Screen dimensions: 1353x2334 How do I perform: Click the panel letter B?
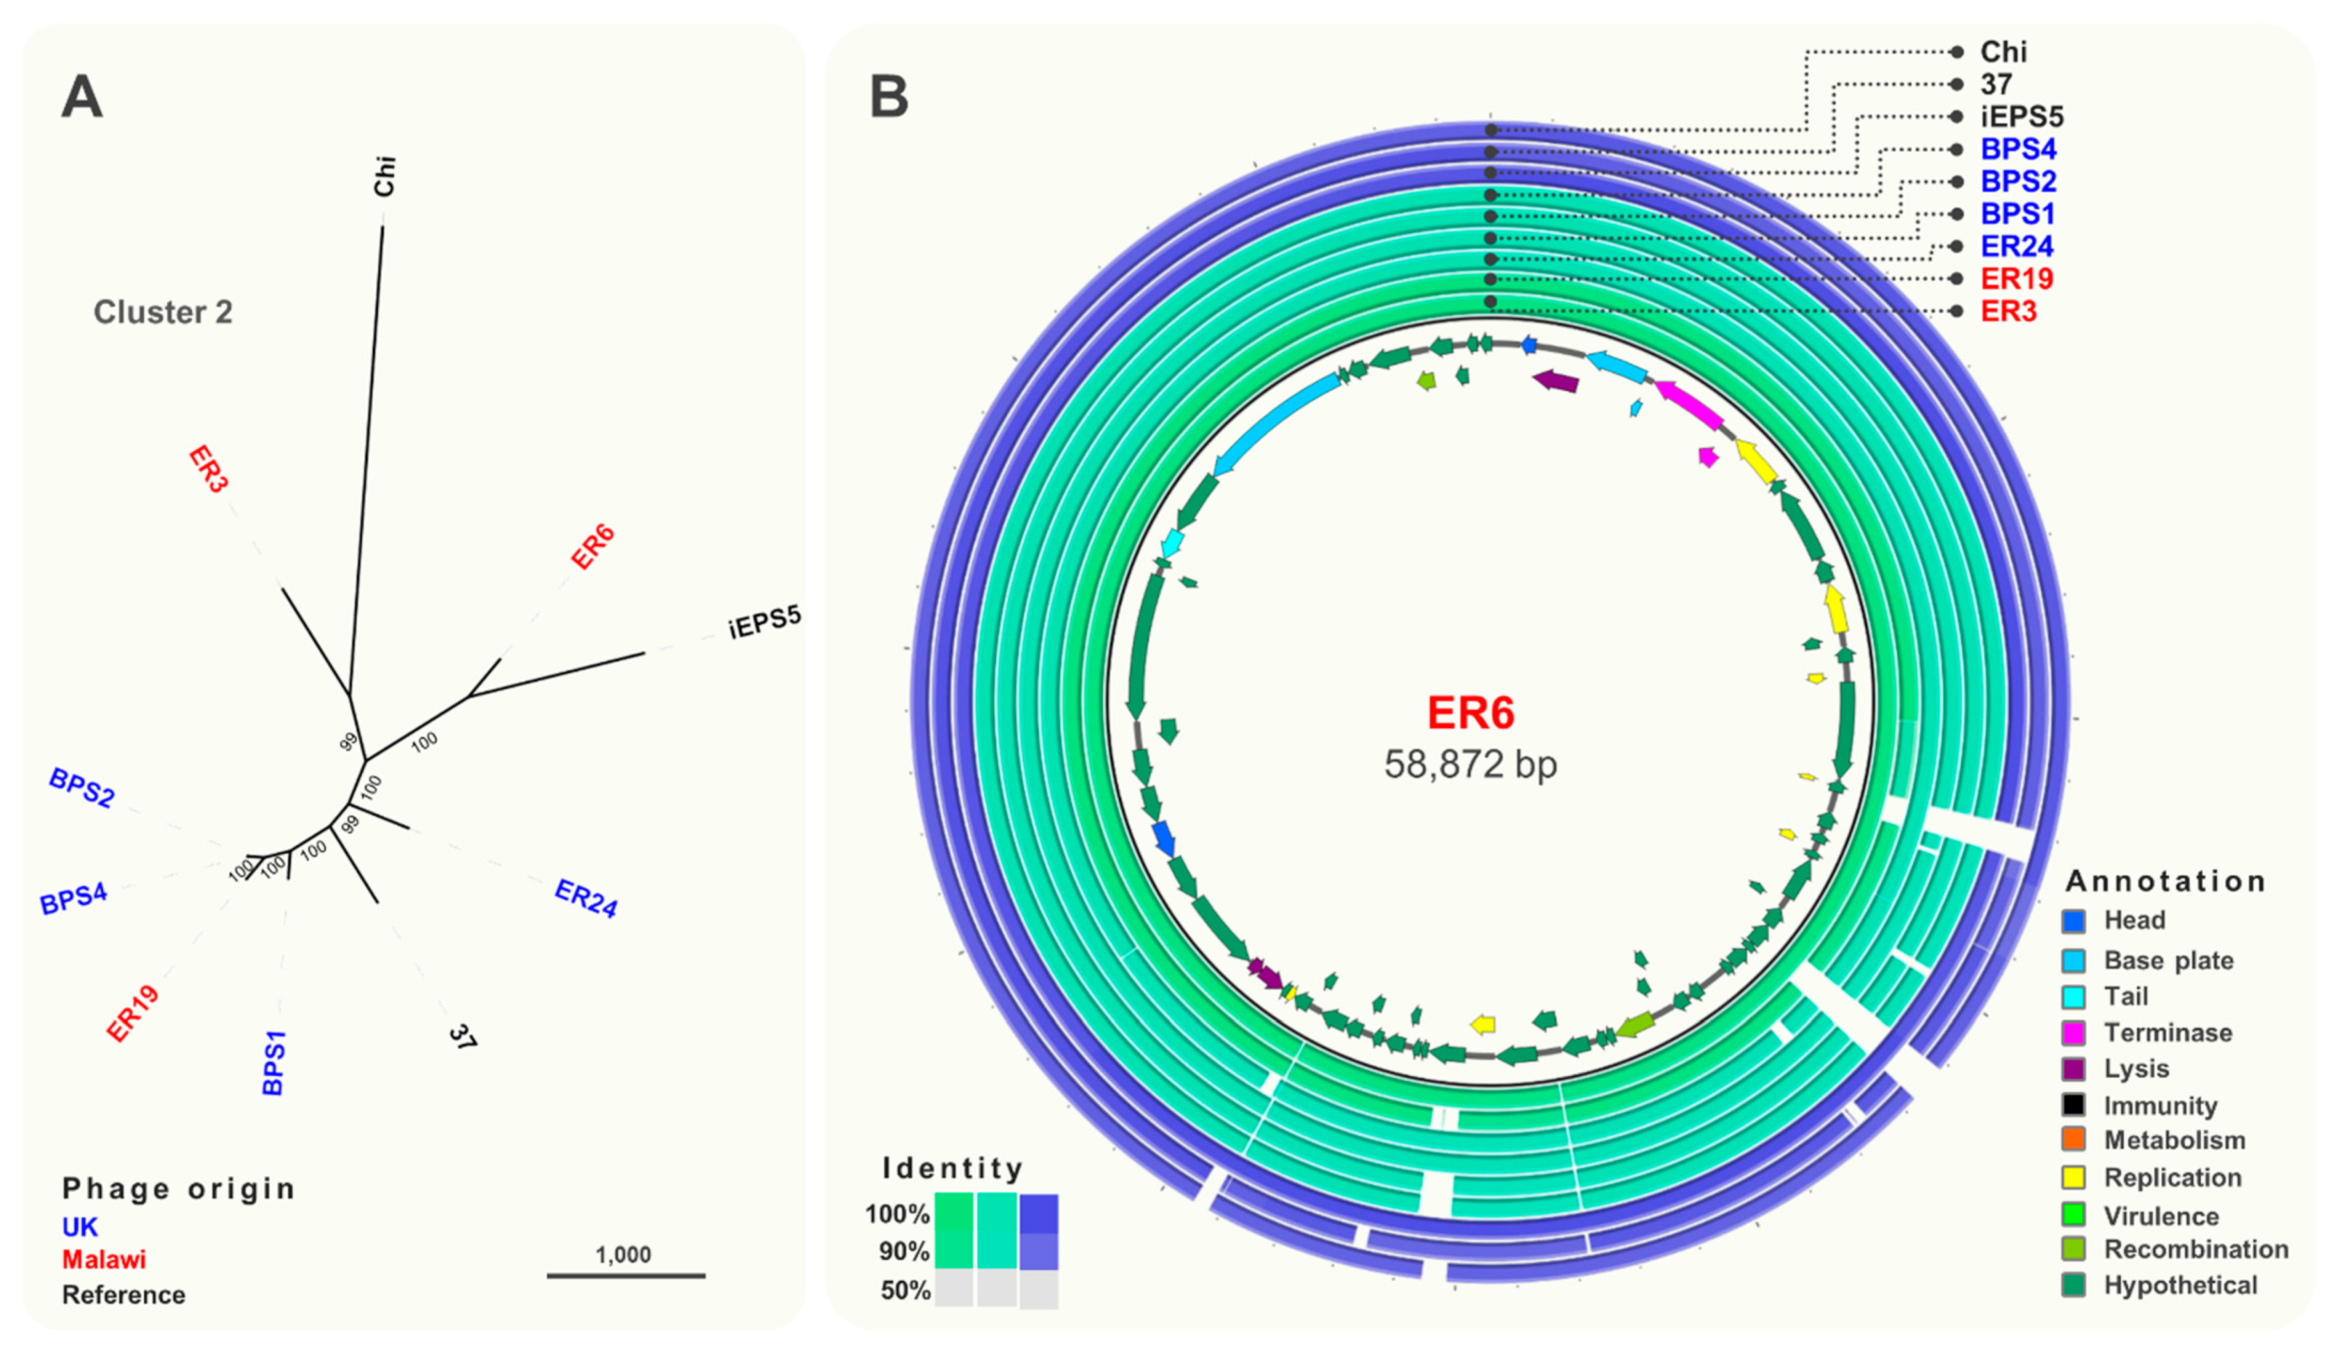888,97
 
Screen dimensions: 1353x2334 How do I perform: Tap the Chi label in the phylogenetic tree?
384,176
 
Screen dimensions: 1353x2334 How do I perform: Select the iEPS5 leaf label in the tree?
764,623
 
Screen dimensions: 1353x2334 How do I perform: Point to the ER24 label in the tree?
585,898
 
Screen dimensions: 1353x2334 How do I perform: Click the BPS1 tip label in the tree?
274,1063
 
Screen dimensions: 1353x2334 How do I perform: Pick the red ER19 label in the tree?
133,1014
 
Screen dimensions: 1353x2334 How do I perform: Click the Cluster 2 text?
163,313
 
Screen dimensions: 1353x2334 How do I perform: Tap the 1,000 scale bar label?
623,1255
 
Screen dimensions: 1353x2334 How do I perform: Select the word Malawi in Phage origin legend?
104,1260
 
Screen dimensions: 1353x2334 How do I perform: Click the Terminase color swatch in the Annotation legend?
2074,1032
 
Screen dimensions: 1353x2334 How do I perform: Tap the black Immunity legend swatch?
2074,1104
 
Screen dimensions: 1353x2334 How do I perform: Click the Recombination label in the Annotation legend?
2195,1249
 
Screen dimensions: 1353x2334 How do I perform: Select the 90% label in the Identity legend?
904,1252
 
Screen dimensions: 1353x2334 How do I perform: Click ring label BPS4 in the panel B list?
2018,149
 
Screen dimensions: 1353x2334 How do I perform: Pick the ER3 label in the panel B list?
2008,311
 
